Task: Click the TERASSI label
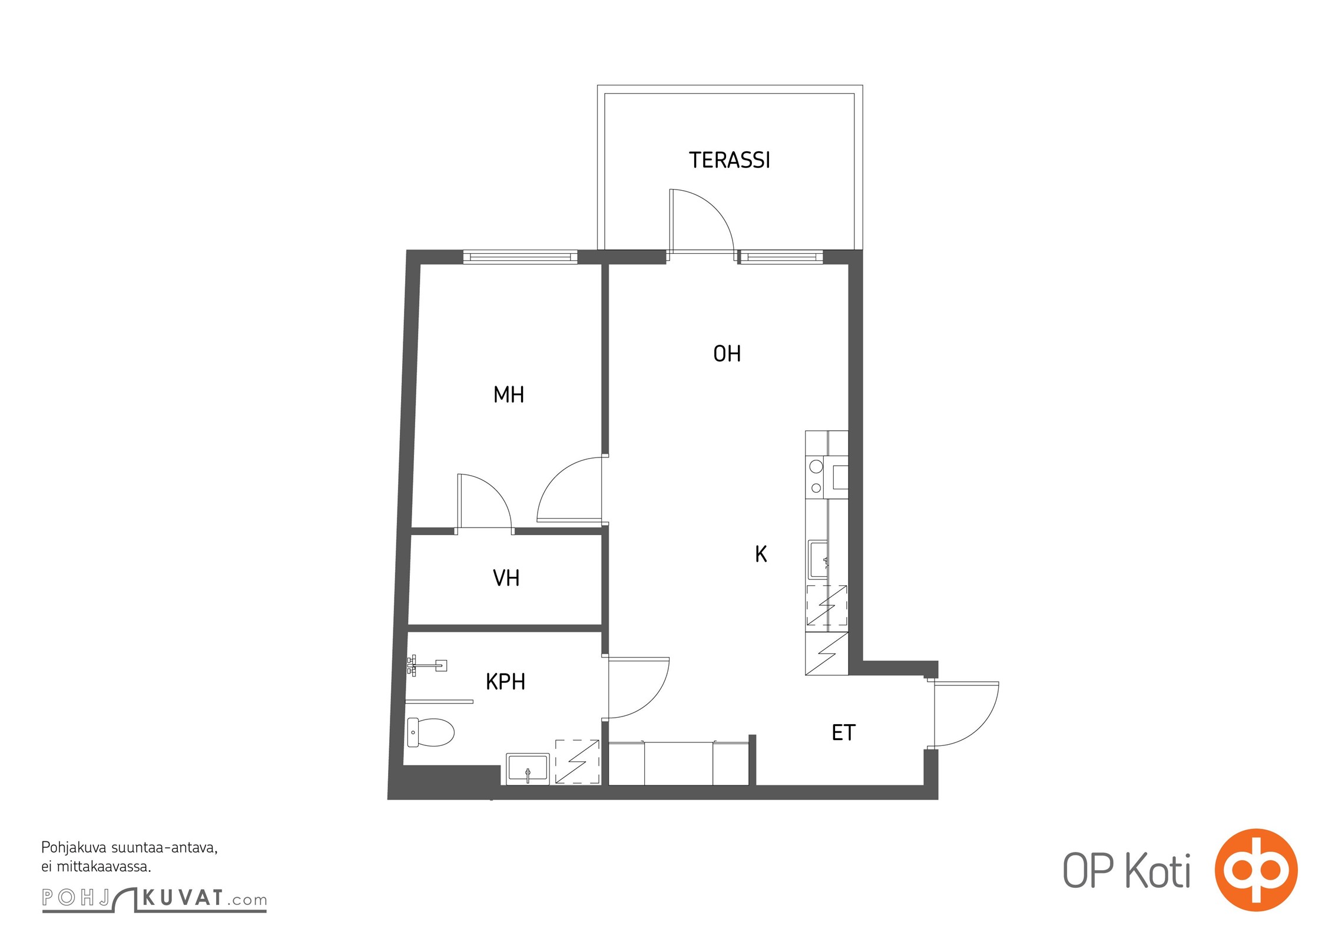click(x=729, y=160)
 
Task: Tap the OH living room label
click(x=727, y=354)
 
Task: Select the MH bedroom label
click(x=509, y=394)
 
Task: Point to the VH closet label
click(x=506, y=578)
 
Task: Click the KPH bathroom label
click(x=505, y=682)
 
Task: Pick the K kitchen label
click(x=761, y=554)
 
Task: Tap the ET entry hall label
click(x=843, y=732)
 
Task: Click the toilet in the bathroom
click(x=430, y=732)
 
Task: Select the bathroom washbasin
click(x=528, y=769)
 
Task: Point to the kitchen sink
click(x=817, y=559)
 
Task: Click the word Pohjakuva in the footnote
click(x=74, y=848)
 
